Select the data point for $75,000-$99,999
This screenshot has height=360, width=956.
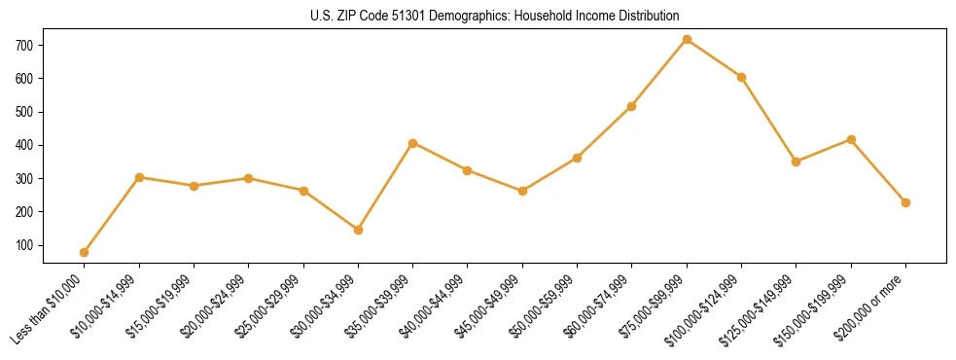point(687,40)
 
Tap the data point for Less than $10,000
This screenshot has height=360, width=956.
point(85,252)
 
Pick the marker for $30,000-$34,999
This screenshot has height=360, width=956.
point(358,230)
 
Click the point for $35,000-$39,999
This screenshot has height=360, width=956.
point(412,143)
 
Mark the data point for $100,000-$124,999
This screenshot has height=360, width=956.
point(741,77)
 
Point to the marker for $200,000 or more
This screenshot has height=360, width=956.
point(905,202)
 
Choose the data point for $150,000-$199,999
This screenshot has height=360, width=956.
point(851,140)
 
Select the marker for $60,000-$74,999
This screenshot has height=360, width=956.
point(632,106)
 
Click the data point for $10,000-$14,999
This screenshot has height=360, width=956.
point(139,177)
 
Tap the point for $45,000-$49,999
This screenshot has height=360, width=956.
point(522,191)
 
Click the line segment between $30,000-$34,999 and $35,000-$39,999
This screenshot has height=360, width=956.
point(385,187)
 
